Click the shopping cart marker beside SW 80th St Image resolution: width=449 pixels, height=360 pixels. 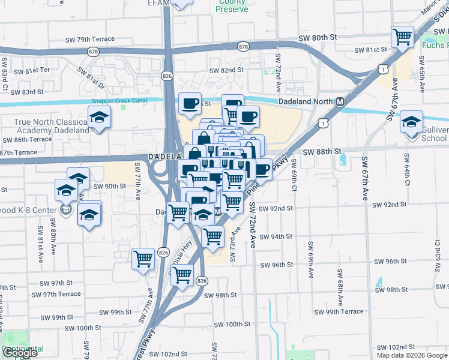(403, 37)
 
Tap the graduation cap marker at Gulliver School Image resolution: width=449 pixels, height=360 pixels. (411, 122)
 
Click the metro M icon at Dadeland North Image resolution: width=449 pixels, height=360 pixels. (340, 102)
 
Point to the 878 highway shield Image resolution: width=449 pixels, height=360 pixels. (243, 46)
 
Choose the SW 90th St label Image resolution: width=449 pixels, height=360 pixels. (109, 186)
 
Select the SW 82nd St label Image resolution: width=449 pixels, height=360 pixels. (226, 70)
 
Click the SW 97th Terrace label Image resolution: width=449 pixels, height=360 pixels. (56, 294)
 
